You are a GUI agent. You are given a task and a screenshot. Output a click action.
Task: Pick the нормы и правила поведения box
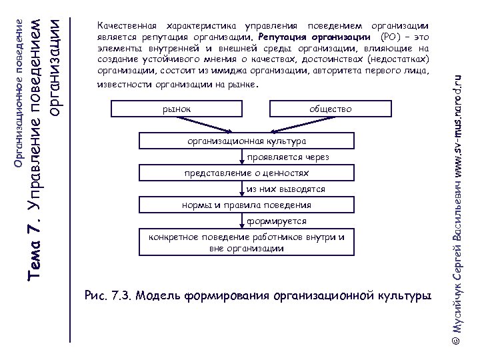[247, 205]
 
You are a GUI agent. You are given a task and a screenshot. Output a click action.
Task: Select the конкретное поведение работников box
[247, 243]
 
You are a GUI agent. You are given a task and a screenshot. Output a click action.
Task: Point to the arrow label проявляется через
[279, 157]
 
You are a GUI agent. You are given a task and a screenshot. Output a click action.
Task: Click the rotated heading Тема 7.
[39, 249]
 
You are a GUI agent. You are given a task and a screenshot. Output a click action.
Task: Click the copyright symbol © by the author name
[457, 339]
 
